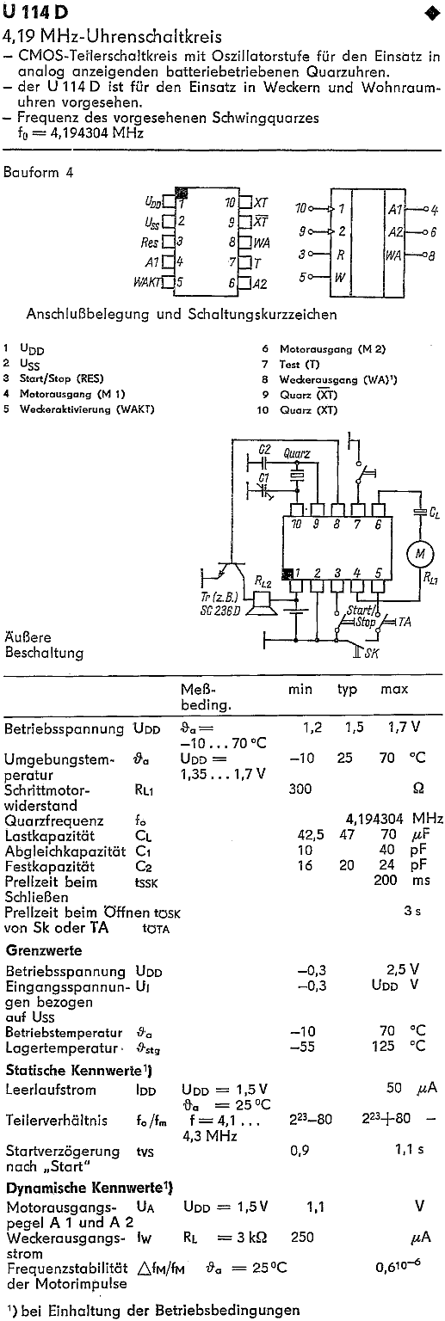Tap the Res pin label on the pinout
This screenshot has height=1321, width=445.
pyautogui.click(x=149, y=242)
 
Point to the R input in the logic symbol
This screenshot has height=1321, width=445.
pyautogui.click(x=340, y=255)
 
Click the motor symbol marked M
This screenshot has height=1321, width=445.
pyautogui.click(x=420, y=553)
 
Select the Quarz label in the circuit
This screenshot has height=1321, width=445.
pyautogui.click(x=296, y=453)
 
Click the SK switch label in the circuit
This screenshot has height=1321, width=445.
pyautogui.click(x=372, y=653)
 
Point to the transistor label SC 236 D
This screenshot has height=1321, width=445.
pyautogui.click(x=219, y=611)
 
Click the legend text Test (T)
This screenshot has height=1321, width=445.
pyautogui.click(x=300, y=365)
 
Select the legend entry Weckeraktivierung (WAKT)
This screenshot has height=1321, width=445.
pyautogui.click(x=87, y=409)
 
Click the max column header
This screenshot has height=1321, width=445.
pyautogui.click(x=394, y=689)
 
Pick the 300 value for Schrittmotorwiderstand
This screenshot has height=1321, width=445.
pyautogui.click(x=300, y=789)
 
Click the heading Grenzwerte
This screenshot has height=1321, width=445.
pyautogui.click(x=44, y=950)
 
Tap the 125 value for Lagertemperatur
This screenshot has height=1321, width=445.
pyautogui.click(x=384, y=1046)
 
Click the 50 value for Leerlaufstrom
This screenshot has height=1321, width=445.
pyautogui.click(x=393, y=1088)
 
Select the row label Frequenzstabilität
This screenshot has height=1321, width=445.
pyautogui.click(x=66, y=1268)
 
